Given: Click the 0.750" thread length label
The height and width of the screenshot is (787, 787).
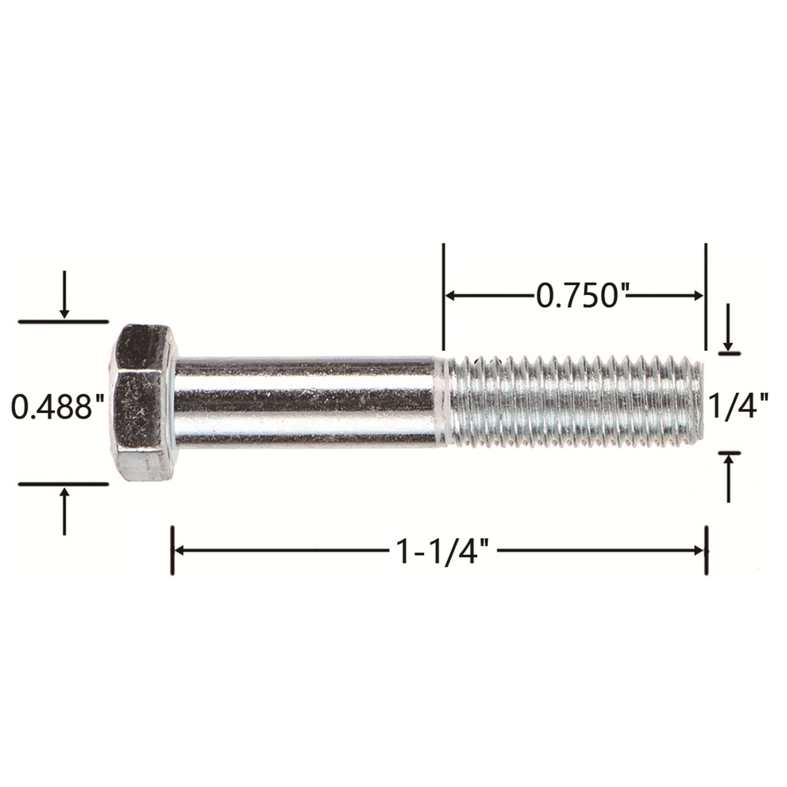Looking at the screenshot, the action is (582, 295).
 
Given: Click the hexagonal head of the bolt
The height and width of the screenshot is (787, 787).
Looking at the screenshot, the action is (143, 402).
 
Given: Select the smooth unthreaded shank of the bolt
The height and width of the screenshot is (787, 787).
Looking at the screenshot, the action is (306, 401).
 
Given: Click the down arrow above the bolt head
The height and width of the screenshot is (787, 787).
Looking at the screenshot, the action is (65, 294).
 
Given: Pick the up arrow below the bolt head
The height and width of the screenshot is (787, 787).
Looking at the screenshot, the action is (65, 511).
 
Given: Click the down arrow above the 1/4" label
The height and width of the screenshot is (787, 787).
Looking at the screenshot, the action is (728, 327).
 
